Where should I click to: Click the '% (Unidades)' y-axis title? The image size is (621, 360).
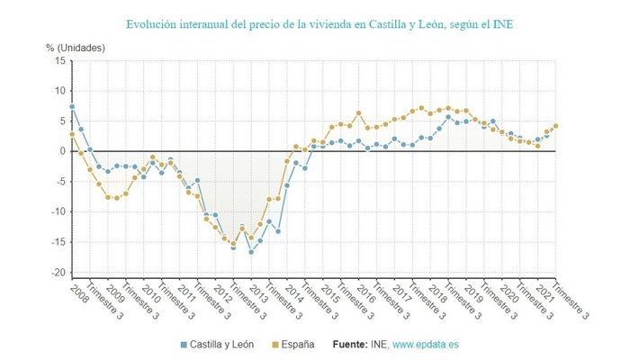pos(76,47)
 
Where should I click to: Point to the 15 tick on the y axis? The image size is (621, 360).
pos(59,60)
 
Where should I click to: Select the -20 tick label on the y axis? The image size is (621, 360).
pos(58,273)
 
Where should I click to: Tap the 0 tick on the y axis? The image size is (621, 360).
pos(62,151)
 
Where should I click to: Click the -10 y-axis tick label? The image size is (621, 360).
pos(58,212)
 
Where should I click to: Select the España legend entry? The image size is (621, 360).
pos(297,344)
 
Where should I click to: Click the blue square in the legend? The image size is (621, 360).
pos(183,344)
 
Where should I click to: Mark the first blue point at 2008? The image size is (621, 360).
pos(72,107)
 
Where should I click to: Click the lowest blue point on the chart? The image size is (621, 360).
pos(251,252)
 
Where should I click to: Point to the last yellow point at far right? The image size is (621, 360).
pos(555,126)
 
